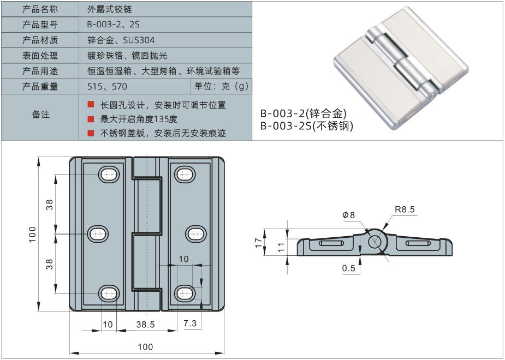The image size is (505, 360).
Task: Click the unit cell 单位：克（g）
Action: [x=221, y=86]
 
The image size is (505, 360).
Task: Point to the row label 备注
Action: [x=41, y=115]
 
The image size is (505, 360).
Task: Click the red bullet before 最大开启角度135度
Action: [x=91, y=119]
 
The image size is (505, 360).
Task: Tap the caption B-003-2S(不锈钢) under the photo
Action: [x=307, y=127]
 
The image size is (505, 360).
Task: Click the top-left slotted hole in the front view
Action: [x=109, y=175]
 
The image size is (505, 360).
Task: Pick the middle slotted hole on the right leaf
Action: [x=196, y=234]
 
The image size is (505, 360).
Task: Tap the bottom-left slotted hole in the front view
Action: [x=109, y=293]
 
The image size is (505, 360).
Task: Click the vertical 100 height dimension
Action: [x=32, y=234]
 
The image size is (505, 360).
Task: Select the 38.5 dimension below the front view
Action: [x=146, y=325]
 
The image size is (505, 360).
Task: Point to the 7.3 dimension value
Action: [x=191, y=324]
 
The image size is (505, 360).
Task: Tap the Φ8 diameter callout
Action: [x=349, y=215]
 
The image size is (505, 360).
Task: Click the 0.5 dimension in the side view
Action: [x=349, y=268]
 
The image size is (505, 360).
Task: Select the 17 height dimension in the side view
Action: [x=259, y=243]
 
